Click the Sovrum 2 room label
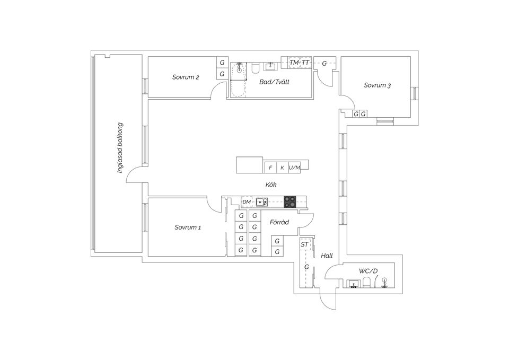click(x=186, y=77)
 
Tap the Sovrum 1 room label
click(x=188, y=227)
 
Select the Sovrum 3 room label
click(x=377, y=85)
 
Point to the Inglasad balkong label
click(x=120, y=148)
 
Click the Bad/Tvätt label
click(x=274, y=82)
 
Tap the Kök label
click(x=271, y=185)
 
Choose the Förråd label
click(x=279, y=222)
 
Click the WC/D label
click(x=368, y=271)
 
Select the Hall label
click(x=327, y=256)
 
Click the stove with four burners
click(x=289, y=201)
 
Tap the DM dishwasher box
click(x=247, y=202)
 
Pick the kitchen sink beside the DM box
click(x=261, y=201)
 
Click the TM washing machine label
click(x=294, y=63)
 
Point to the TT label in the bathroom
click(x=305, y=63)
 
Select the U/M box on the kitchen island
click(x=294, y=168)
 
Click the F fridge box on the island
click(x=270, y=168)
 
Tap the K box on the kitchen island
click(x=282, y=168)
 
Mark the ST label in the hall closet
click(x=304, y=244)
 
